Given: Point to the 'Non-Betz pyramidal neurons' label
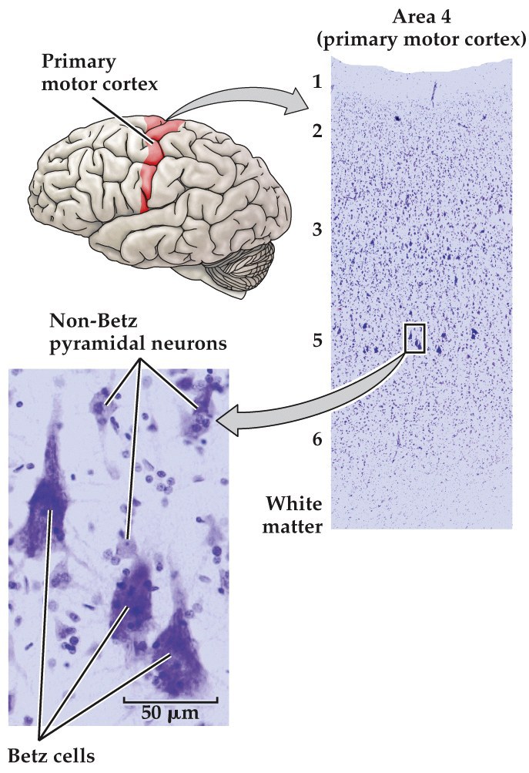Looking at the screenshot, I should pos(139,333).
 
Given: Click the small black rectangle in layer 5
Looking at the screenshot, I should pos(414,338).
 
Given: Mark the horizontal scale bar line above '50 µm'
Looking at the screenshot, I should pos(170,700).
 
